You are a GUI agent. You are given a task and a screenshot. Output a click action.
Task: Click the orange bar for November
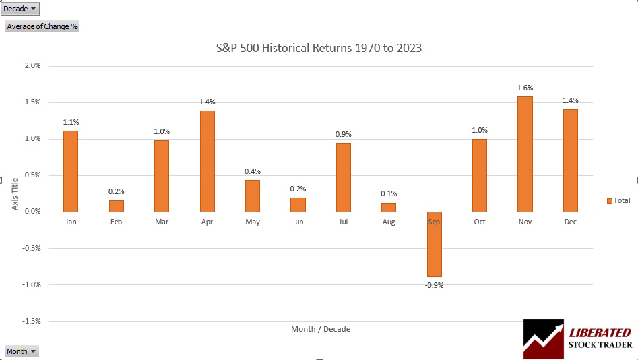525,154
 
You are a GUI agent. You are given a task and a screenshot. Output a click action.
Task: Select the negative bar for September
434,244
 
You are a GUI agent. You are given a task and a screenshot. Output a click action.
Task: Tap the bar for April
207,161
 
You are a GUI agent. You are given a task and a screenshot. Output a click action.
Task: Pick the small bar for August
389,207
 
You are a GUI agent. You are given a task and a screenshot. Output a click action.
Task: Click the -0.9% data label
434,285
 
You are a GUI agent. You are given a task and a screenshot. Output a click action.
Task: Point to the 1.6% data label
525,88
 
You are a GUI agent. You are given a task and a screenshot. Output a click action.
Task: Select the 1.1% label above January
71,122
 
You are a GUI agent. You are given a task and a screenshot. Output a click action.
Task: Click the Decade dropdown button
21,9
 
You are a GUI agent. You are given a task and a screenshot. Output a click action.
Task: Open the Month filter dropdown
22,351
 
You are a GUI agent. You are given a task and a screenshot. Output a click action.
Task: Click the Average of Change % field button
42,26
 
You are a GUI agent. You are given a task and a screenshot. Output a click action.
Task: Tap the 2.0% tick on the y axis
32,66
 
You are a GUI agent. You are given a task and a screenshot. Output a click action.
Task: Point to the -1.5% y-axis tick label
31,321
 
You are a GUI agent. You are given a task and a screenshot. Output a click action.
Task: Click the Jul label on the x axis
343,222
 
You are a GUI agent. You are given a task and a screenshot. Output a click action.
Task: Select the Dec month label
570,222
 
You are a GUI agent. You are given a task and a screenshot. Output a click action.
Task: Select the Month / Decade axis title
320,329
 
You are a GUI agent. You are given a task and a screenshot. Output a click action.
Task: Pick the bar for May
252,196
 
